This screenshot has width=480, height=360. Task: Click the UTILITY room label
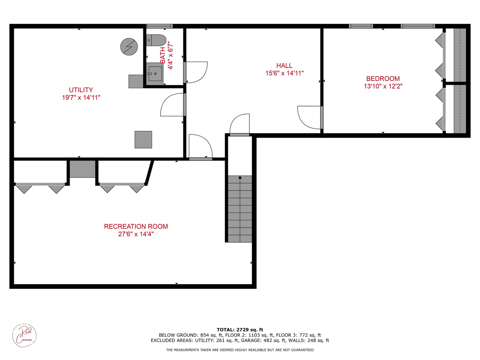click(81, 90)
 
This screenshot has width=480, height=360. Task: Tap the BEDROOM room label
click(383, 79)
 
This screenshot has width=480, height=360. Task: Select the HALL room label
click(284, 66)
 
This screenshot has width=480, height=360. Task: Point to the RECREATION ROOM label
click(136, 226)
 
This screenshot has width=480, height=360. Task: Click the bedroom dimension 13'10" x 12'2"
click(383, 86)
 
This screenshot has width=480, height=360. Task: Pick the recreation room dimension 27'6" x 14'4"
click(136, 234)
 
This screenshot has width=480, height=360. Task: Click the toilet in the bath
click(156, 40)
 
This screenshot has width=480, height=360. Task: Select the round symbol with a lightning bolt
click(129, 47)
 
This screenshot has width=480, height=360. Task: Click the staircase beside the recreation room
click(240, 209)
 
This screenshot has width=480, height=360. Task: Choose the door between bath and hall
click(196, 72)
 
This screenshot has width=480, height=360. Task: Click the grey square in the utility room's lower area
click(143, 139)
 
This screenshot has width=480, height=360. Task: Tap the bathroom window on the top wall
click(159, 26)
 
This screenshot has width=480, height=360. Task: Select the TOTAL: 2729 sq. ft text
click(240, 330)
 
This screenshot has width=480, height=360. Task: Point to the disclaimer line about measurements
click(240, 350)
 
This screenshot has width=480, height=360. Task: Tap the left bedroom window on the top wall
click(361, 26)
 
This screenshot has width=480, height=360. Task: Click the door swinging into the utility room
click(172, 105)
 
